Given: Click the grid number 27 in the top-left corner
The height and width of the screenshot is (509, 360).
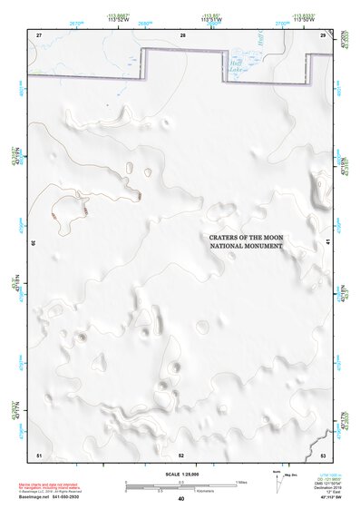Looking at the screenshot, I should point(39,34).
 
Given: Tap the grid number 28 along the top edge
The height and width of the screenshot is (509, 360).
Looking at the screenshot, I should point(182,34).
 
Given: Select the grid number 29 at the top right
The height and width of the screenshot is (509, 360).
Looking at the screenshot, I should point(323,34).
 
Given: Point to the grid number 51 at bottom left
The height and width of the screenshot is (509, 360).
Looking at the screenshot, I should point(39,455).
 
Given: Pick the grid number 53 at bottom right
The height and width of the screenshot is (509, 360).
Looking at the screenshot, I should point(323,455).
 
